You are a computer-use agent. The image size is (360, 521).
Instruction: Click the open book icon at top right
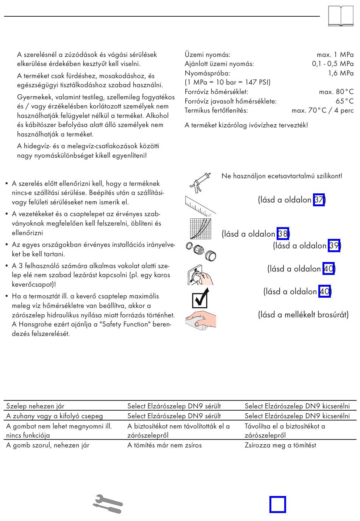341,16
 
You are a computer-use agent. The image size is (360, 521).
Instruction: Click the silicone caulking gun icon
199,183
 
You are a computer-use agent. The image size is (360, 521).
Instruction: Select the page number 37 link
319,200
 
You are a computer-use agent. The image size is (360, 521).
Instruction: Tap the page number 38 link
283,234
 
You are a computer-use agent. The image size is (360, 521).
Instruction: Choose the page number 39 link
334,246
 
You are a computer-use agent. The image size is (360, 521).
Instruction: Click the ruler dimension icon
200,205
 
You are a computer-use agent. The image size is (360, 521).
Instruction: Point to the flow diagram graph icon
200,229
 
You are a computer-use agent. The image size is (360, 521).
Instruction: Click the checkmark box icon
200,298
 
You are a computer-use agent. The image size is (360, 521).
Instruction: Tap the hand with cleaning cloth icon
200,319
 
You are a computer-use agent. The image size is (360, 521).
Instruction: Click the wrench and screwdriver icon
108,504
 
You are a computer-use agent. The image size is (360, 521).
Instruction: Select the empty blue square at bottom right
277,504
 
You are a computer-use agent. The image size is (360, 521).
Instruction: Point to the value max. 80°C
336,92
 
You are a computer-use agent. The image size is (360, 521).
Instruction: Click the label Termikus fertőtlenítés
216,111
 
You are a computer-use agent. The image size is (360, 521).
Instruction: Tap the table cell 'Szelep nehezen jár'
35,406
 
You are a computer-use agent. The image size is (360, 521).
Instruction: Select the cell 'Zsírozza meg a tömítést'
280,445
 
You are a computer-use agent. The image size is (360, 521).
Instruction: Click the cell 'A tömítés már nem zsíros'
164,445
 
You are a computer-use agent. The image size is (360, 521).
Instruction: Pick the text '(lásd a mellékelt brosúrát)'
303,315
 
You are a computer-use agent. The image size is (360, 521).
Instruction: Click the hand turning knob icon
200,274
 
